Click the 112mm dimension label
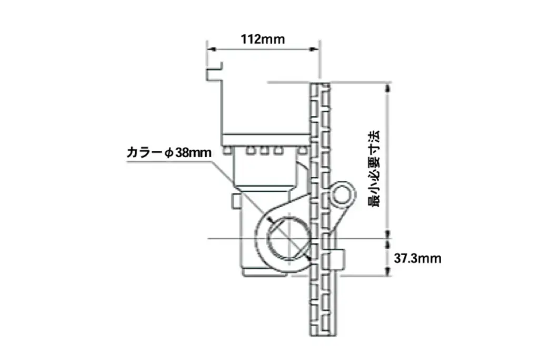(263, 39)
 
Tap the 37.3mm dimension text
(417, 258)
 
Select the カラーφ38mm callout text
(169, 152)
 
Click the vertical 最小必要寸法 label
(374, 168)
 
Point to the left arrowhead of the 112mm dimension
(211, 49)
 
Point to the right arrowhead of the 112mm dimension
(315, 49)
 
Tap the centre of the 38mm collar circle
(290, 239)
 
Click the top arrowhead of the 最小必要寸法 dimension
(388, 87)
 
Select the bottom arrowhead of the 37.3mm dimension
(388, 271)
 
